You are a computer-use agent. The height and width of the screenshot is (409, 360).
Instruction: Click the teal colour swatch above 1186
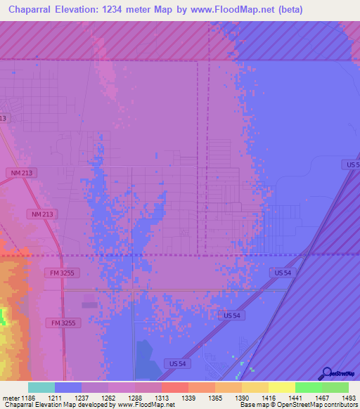pyautogui.click(x=41, y=387)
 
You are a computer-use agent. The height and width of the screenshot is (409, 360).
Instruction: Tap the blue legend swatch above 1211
pyautogui.click(x=67, y=387)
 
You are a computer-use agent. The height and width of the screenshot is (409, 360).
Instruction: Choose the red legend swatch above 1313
pyautogui.click(x=174, y=387)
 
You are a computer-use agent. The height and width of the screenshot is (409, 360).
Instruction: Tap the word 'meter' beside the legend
pyautogui.click(x=11, y=398)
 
